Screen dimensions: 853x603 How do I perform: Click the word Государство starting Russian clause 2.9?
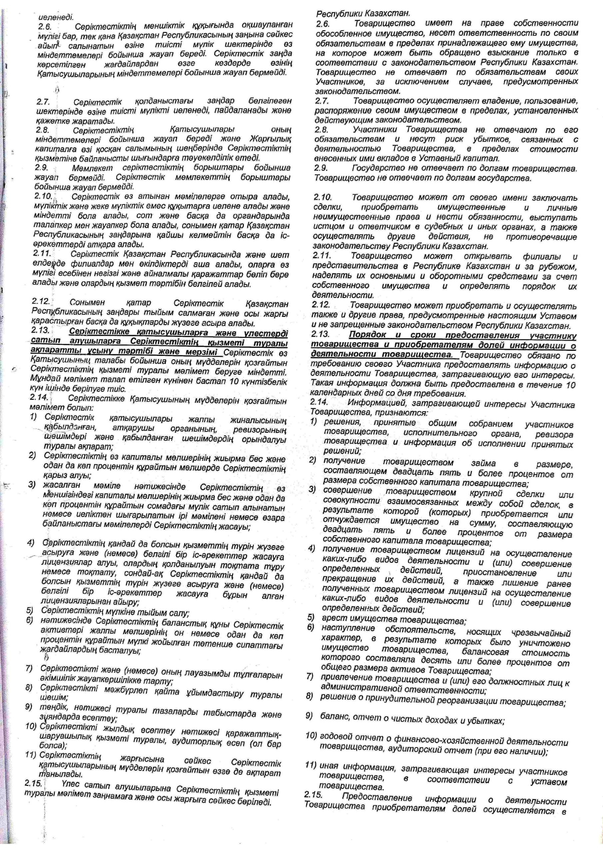tap(375, 168)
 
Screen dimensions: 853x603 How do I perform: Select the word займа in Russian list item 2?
tap(483, 463)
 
